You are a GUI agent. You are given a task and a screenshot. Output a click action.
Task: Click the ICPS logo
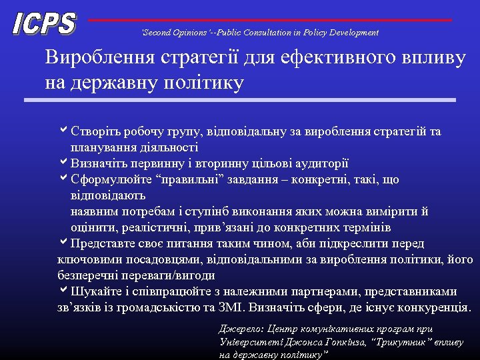point(44,24)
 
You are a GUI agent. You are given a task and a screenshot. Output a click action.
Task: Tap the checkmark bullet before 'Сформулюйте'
point(63,179)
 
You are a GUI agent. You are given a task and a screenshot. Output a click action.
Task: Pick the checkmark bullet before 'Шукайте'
point(63,291)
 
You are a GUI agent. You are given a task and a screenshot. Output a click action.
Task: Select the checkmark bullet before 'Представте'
point(63,243)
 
